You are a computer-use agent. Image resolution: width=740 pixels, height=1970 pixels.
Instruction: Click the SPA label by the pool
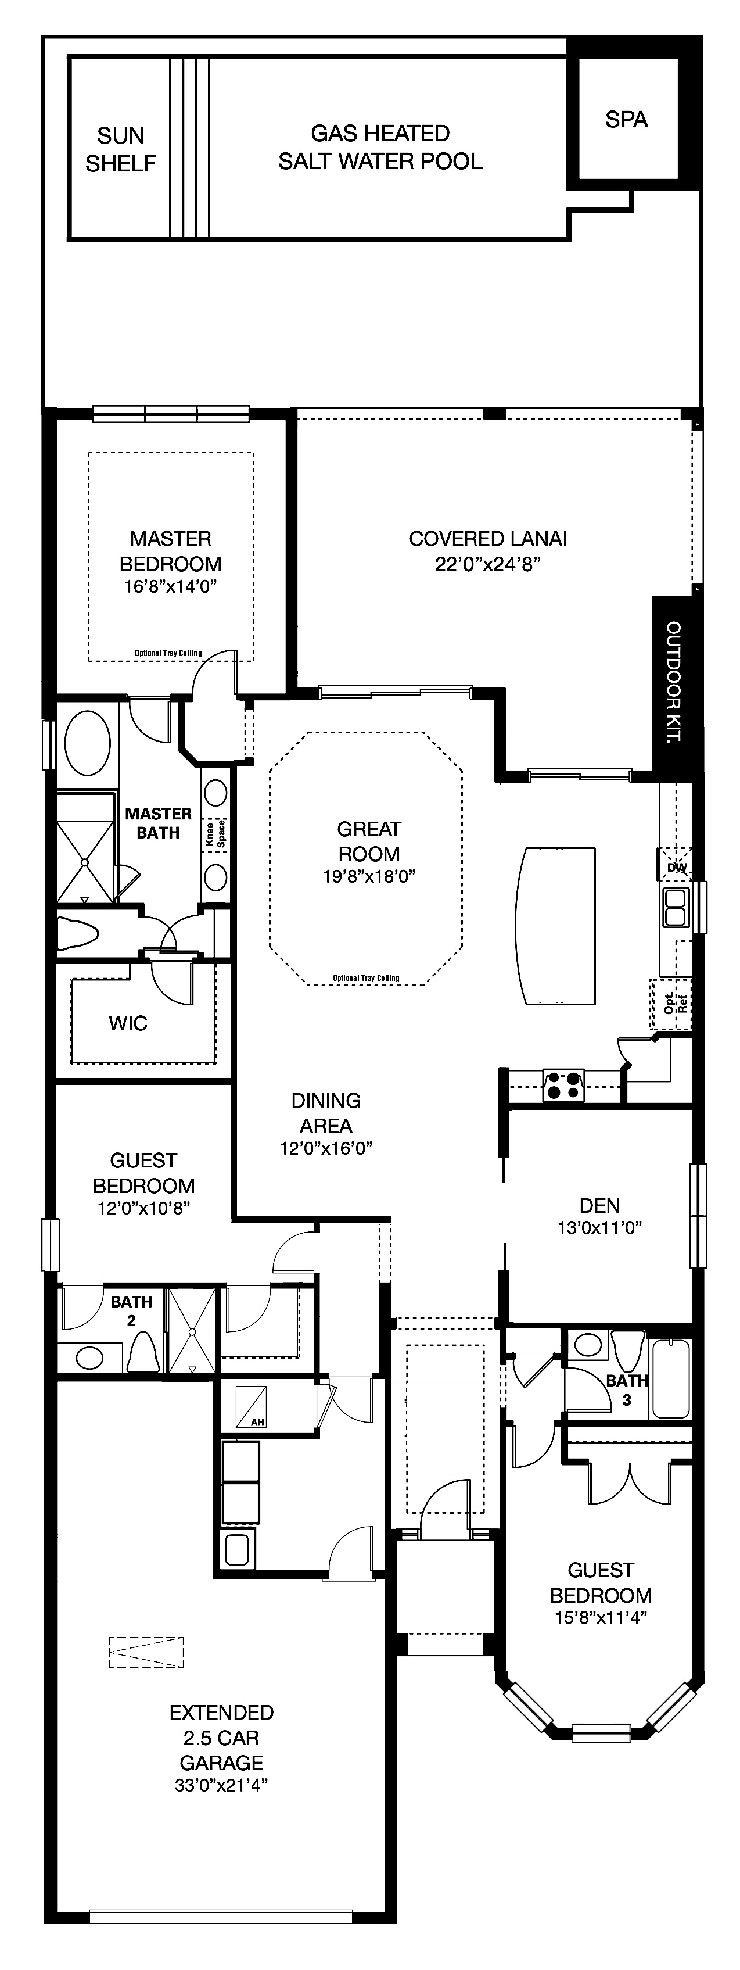pos(626,119)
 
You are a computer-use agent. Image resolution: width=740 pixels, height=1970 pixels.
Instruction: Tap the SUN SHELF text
pos(121,149)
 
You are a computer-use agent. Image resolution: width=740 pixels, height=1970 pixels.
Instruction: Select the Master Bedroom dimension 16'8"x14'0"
pos(170,586)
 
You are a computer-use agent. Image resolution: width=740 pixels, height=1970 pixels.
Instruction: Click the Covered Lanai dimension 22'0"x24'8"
pos(488,564)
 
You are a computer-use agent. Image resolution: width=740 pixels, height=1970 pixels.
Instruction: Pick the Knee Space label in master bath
pos(215,833)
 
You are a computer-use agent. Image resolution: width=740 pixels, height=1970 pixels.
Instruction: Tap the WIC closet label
pos(128,1023)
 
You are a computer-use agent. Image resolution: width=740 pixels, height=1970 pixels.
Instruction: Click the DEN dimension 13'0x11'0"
pos(599,1227)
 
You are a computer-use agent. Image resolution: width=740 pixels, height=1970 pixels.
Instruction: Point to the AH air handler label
pos(258,1423)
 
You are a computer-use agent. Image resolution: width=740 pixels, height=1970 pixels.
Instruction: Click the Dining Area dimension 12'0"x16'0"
pos(326,1148)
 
